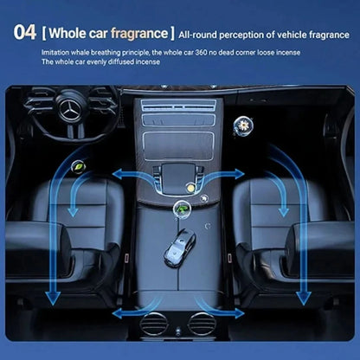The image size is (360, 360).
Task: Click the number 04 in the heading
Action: (25, 32)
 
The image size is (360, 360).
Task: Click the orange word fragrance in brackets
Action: (139, 34)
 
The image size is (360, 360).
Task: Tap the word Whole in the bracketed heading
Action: (67, 33)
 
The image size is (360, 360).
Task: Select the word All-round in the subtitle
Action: (197, 35)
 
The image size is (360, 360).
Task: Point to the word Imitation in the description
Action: (55, 53)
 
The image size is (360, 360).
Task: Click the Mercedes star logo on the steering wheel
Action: (69, 110)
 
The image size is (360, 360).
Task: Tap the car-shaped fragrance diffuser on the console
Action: (180, 247)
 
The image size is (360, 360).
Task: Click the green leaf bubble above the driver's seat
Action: (78, 166)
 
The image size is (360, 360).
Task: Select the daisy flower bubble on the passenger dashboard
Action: (243, 125)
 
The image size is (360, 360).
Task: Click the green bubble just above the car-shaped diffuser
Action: (182, 208)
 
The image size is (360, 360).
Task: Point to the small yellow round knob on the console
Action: (190, 188)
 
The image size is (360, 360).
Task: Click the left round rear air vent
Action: (154, 325)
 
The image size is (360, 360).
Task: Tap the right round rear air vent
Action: (202, 325)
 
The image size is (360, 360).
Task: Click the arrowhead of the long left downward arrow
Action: (53, 299)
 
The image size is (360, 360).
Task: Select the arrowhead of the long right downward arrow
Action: (304, 299)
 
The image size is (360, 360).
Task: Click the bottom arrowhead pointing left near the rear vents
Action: (118, 313)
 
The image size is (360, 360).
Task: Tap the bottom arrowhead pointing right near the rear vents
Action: (239, 313)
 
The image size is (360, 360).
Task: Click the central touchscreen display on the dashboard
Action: (178, 146)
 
